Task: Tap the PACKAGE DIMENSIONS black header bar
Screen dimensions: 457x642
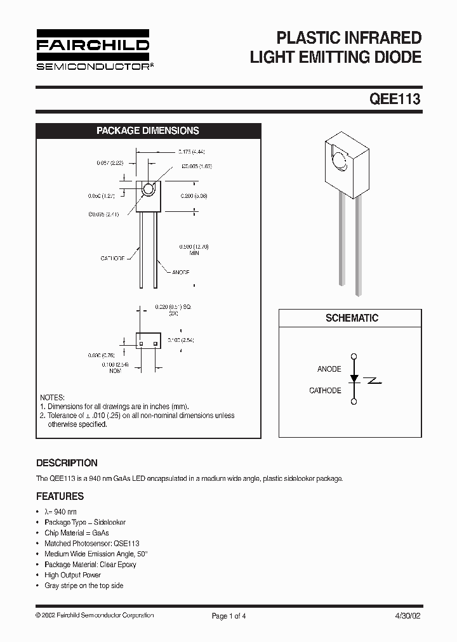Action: pos(147,131)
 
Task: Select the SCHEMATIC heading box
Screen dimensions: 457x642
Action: pos(351,318)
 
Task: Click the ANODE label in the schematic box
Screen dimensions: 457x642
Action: pos(329,369)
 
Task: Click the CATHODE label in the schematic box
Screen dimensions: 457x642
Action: pos(325,391)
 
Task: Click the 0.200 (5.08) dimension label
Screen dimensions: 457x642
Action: pos(194,196)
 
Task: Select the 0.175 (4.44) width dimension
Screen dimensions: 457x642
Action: pos(190,152)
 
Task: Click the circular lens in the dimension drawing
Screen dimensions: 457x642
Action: pos(149,188)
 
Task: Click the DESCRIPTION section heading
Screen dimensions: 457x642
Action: pos(67,463)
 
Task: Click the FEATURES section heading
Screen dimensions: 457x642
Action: pos(60,496)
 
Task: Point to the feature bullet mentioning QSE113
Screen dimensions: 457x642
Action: pos(91,544)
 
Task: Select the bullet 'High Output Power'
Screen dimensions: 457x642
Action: pos(72,575)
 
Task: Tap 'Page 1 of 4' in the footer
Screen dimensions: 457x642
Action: pos(228,615)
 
